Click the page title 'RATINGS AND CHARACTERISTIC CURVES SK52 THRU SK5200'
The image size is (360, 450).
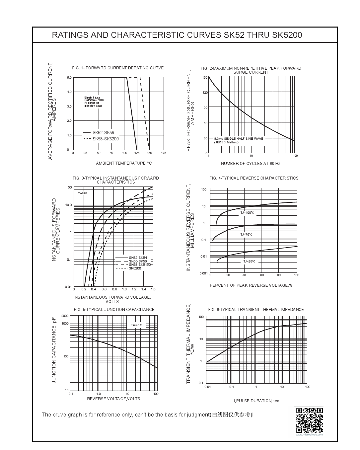pos(177,35)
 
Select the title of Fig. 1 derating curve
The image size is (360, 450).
pos(118,68)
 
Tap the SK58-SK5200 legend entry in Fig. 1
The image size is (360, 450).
pos(105,139)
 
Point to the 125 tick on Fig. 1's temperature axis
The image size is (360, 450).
pos(137,153)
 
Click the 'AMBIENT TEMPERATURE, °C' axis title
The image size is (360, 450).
pos(124,163)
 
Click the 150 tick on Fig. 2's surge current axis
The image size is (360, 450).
pos(205,78)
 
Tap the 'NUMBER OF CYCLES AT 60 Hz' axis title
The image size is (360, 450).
pos(251,164)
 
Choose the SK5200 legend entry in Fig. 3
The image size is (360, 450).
pos(135,268)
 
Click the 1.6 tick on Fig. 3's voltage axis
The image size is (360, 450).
pos(153,289)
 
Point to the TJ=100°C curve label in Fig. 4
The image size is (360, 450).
pos(247,213)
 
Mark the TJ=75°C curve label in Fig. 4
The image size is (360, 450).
pos(246,235)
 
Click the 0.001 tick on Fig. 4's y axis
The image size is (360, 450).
pos(203,273)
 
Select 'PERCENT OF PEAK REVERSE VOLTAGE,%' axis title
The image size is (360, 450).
pos(251,285)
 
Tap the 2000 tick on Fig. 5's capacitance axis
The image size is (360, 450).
pos(65,316)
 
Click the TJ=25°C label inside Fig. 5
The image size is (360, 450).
pos(136,325)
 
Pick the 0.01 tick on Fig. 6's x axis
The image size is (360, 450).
pos(208,387)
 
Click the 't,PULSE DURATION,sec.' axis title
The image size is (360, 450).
pos(257,401)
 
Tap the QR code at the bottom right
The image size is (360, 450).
pos(309,420)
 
